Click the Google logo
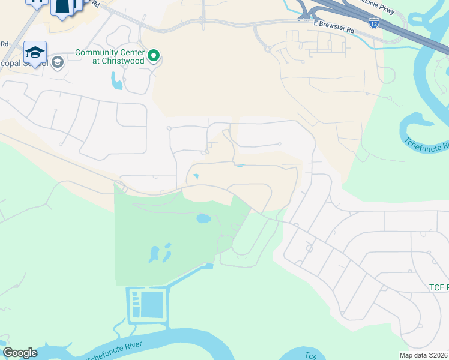coord(20,353)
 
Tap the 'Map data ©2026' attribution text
coord(424,355)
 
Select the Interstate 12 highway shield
coord(374,23)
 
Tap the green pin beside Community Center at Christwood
coord(154,57)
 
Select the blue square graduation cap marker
coord(35,52)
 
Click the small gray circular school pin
coord(58,62)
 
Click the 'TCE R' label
coord(438,289)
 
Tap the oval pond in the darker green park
coord(203,218)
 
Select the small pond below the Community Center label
coord(117,81)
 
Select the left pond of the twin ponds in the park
coord(152,254)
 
